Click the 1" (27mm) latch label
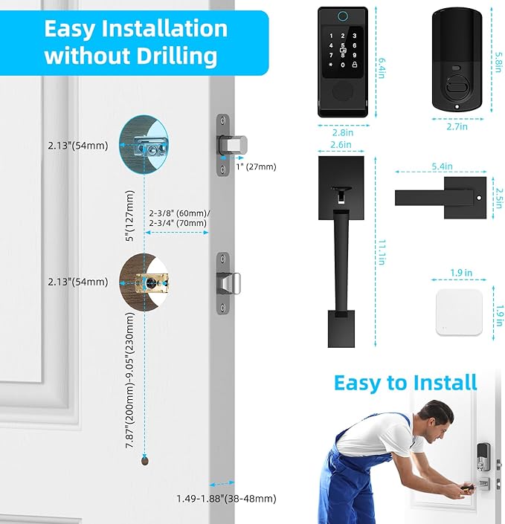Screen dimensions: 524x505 [x=256, y=166]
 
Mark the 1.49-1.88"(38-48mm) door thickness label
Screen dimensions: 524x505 [x=226, y=498]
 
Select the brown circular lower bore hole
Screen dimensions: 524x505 [x=146, y=282]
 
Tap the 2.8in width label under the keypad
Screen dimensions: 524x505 [x=343, y=132]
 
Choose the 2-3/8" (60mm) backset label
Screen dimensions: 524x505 [x=179, y=213]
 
